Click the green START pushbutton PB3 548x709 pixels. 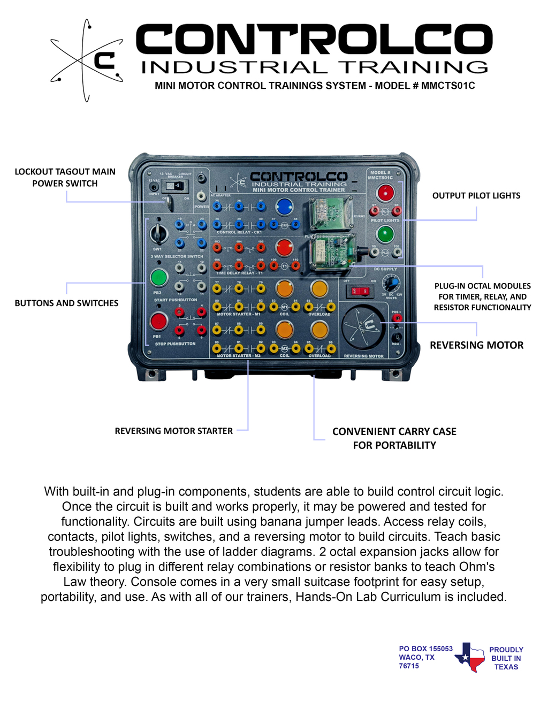(x=159, y=278)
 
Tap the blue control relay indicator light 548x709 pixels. (x=284, y=207)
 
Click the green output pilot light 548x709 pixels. (x=385, y=234)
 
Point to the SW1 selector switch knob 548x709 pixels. (x=159, y=233)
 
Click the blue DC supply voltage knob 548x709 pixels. (x=391, y=282)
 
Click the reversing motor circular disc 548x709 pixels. (x=364, y=327)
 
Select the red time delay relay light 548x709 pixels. (x=284, y=248)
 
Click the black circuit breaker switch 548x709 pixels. (x=176, y=186)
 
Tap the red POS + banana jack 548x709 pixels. (x=397, y=318)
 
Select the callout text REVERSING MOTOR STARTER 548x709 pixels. (x=173, y=431)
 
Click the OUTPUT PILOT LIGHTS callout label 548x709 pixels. (x=476, y=195)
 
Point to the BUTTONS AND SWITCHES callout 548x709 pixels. (x=66, y=303)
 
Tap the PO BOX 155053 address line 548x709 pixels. (x=425, y=649)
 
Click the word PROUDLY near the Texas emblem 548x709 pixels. (x=506, y=650)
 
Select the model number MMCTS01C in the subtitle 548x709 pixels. (x=448, y=86)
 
